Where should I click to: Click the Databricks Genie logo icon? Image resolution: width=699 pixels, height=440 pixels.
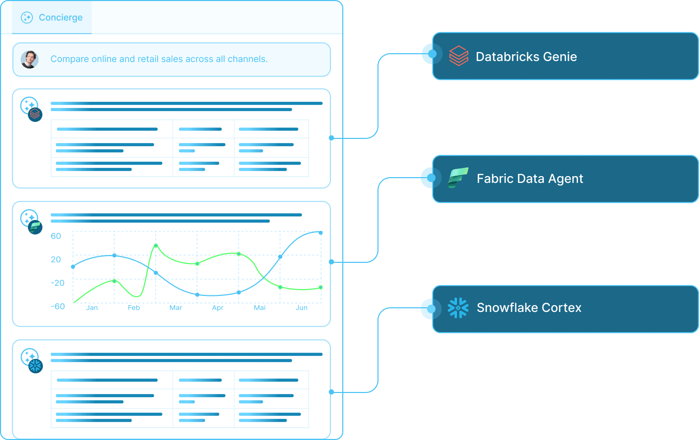[458, 56]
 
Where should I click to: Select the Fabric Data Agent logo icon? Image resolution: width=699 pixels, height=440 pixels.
[458, 178]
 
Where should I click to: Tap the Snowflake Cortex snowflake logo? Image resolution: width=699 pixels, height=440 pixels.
[458, 308]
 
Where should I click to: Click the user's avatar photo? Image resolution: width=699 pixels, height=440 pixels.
[29, 59]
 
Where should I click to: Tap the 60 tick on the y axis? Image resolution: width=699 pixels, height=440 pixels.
[56, 237]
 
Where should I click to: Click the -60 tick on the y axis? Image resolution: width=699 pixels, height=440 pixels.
[57, 306]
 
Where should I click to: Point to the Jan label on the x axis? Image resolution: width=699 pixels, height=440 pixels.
[92, 308]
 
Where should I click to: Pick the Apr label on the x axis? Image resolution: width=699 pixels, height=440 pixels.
[218, 308]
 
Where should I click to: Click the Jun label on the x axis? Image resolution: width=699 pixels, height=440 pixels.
[301, 308]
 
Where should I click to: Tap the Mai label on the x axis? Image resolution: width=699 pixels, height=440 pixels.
[260, 308]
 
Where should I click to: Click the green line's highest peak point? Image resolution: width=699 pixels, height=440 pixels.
[156, 245]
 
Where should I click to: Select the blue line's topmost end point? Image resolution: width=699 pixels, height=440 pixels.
[321, 233]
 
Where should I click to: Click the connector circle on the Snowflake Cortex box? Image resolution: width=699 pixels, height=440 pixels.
[429, 308]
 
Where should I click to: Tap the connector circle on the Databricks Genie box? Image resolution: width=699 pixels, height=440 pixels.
[429, 54]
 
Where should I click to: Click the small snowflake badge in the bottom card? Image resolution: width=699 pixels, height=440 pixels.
[35, 366]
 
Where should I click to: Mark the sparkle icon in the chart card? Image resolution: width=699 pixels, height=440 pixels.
[28, 217]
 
